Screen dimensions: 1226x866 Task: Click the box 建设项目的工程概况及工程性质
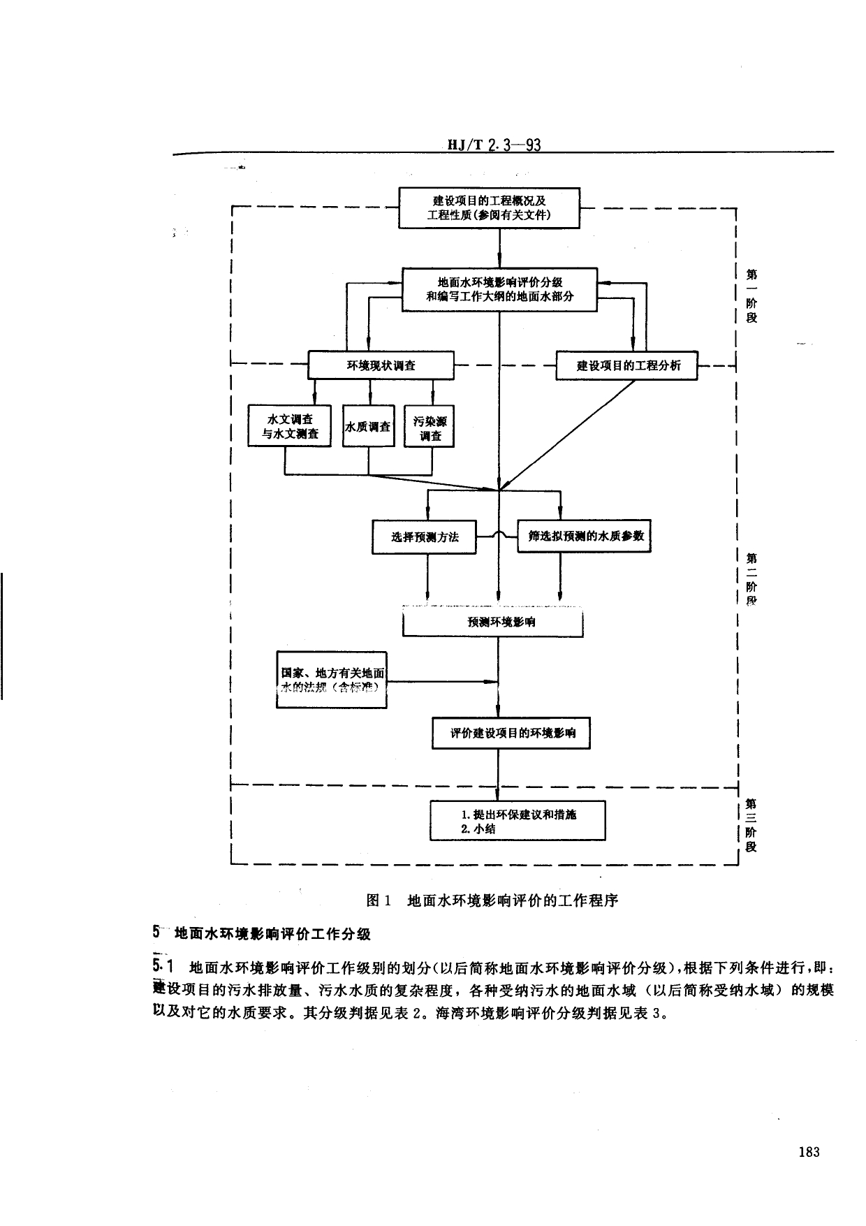click(489, 207)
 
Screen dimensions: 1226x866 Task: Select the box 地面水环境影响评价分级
click(499, 289)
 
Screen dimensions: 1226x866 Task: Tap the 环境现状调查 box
click(381, 365)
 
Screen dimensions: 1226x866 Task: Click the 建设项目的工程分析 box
click(626, 365)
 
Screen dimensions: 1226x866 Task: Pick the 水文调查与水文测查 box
click(290, 426)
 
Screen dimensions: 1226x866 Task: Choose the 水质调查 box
click(369, 426)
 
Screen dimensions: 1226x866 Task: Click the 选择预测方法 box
click(424, 537)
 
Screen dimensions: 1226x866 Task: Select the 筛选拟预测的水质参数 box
click(584, 536)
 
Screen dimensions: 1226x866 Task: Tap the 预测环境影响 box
click(493, 622)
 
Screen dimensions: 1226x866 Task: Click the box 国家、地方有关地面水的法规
click(332, 680)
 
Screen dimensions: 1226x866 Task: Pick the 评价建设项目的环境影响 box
click(511, 734)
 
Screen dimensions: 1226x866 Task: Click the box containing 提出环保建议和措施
click(518, 821)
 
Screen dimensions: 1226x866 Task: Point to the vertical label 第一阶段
click(751, 295)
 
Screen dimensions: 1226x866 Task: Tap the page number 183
click(808, 1152)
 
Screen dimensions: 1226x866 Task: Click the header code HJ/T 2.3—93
click(494, 145)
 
